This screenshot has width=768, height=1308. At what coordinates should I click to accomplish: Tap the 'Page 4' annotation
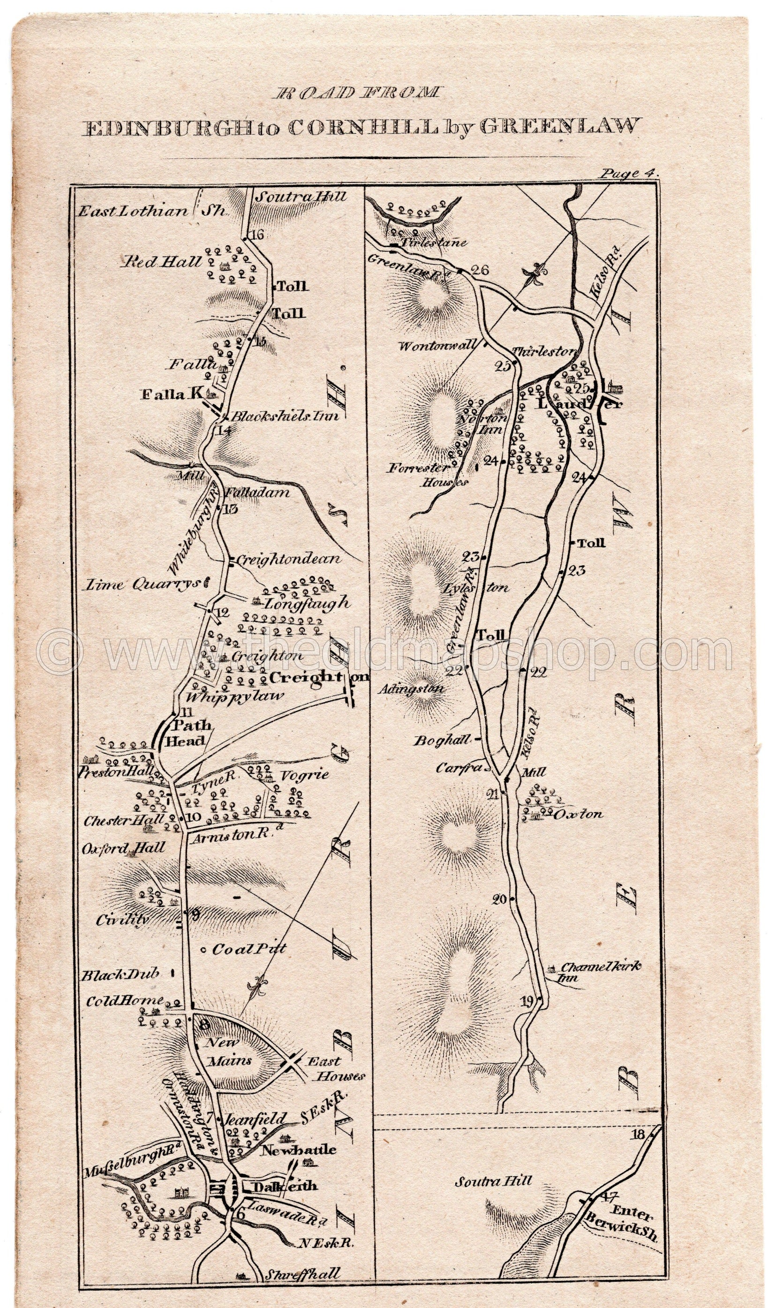pos(626,174)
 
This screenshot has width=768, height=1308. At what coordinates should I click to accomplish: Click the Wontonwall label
pos(443,345)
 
